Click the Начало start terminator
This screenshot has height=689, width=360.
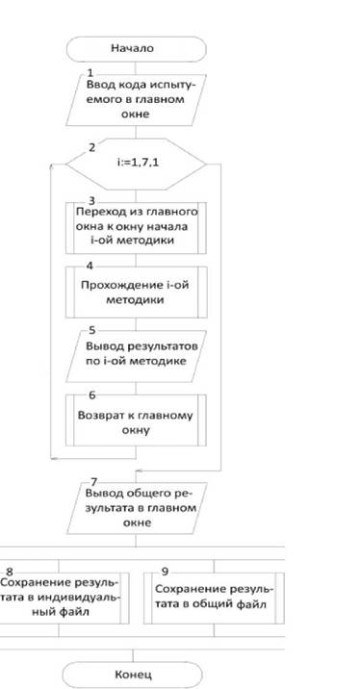pyautogui.click(x=137, y=49)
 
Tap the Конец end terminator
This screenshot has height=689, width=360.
pyautogui.click(x=133, y=675)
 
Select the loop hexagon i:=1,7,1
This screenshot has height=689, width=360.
pyautogui.click(x=136, y=165)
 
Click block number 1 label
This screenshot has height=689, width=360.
pyautogui.click(x=90, y=73)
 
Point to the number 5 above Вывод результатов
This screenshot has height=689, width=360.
pyautogui.click(x=91, y=330)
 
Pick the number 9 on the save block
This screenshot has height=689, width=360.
pyautogui.click(x=165, y=572)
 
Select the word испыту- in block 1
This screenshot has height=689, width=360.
pyautogui.click(x=174, y=86)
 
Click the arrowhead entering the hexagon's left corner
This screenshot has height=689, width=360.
pyautogui.click(x=51, y=166)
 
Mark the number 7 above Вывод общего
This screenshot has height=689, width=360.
pyautogui.click(x=93, y=482)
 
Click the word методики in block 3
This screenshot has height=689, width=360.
pyautogui.click(x=151, y=241)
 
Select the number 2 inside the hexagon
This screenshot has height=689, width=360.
pyautogui.click(x=91, y=147)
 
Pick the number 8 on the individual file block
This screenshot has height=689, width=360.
pyautogui.click(x=10, y=572)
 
